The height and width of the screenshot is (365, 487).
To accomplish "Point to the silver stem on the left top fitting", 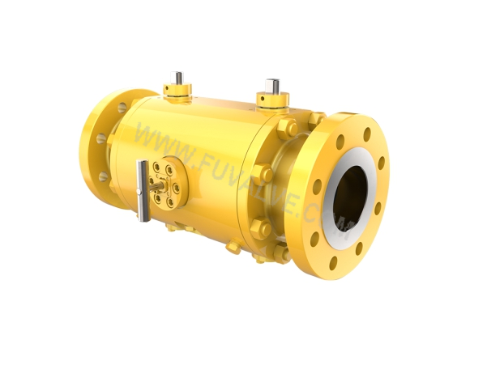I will [x=178, y=79].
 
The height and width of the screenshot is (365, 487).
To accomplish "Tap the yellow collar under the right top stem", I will [x=273, y=100].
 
